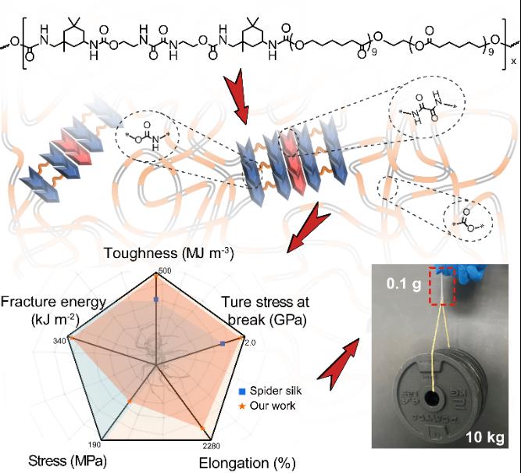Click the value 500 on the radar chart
(x=163, y=271)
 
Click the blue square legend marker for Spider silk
(x=244, y=389)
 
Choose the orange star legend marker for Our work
(x=244, y=404)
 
